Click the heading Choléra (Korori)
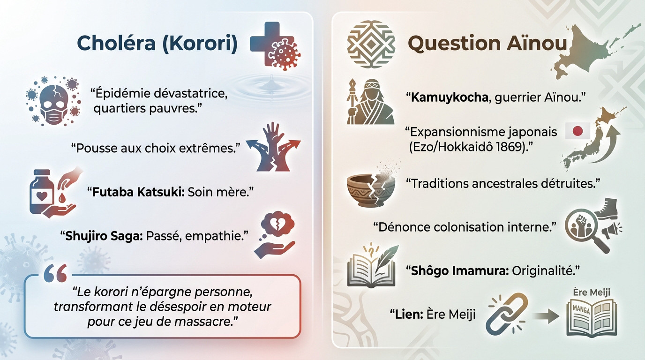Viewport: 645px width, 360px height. click(157, 43)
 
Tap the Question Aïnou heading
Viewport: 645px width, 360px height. click(487, 44)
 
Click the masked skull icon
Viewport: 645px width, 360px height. click(51, 100)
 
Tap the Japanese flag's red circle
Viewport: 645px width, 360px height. click(577, 131)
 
